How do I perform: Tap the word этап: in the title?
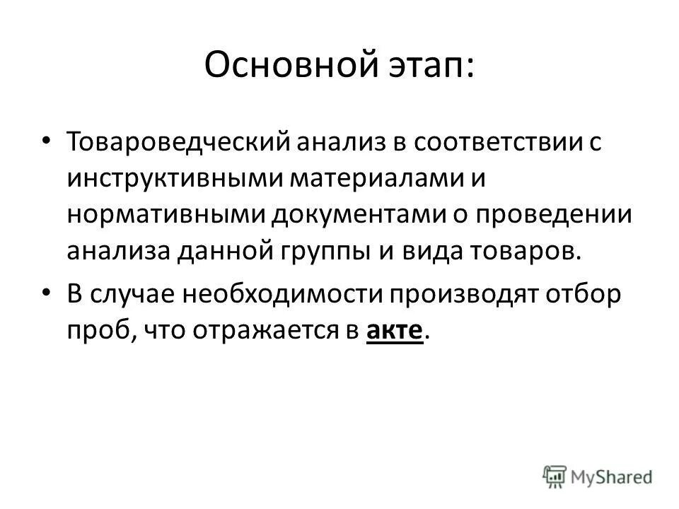(x=429, y=67)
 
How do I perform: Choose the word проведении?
(x=548, y=215)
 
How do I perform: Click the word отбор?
(x=587, y=294)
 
